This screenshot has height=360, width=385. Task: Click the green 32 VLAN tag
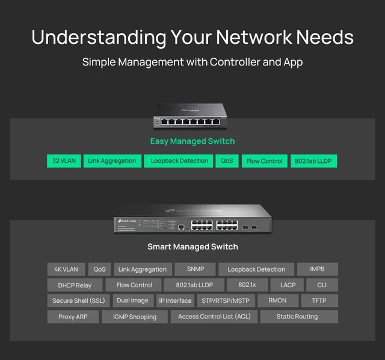coord(64,161)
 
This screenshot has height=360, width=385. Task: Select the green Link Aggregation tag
coord(112,161)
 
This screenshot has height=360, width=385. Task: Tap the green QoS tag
coord(227,161)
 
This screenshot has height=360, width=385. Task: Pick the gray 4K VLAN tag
coord(66,269)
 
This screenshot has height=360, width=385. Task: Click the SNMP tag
coord(195,269)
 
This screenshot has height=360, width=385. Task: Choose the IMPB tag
coord(318,269)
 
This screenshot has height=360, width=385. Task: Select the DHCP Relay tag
coord(75,285)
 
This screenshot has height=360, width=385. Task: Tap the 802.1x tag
coord(247,285)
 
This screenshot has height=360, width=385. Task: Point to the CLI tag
coord(322,285)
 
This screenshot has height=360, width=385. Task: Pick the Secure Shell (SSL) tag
coord(79,301)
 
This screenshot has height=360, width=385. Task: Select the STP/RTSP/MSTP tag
coord(226,301)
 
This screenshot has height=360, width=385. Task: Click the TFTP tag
coord(319,301)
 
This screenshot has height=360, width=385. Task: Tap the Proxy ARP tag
coord(73,317)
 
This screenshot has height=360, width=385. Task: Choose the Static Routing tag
coord(299,317)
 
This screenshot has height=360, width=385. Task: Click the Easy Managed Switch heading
coord(192,141)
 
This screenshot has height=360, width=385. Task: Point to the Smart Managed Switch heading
coord(192,246)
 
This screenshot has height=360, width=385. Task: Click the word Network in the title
coord(254,37)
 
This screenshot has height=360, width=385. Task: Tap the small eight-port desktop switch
coord(190,116)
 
